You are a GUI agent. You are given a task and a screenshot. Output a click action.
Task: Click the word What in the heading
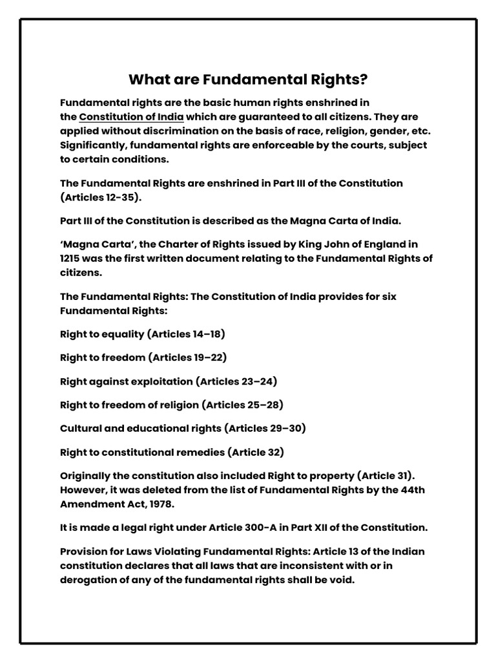(147, 80)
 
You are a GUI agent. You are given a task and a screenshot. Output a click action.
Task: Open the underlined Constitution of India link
(131, 117)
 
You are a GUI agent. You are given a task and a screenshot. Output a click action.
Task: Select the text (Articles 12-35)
(100, 197)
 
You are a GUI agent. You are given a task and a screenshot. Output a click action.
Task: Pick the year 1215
(70, 259)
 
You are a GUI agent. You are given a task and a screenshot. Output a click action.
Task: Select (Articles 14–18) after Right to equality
(186, 334)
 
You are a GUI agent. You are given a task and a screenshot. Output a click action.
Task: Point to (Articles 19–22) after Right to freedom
(187, 358)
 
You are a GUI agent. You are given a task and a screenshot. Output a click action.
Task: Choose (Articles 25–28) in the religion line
(243, 405)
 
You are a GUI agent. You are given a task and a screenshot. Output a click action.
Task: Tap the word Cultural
(82, 429)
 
